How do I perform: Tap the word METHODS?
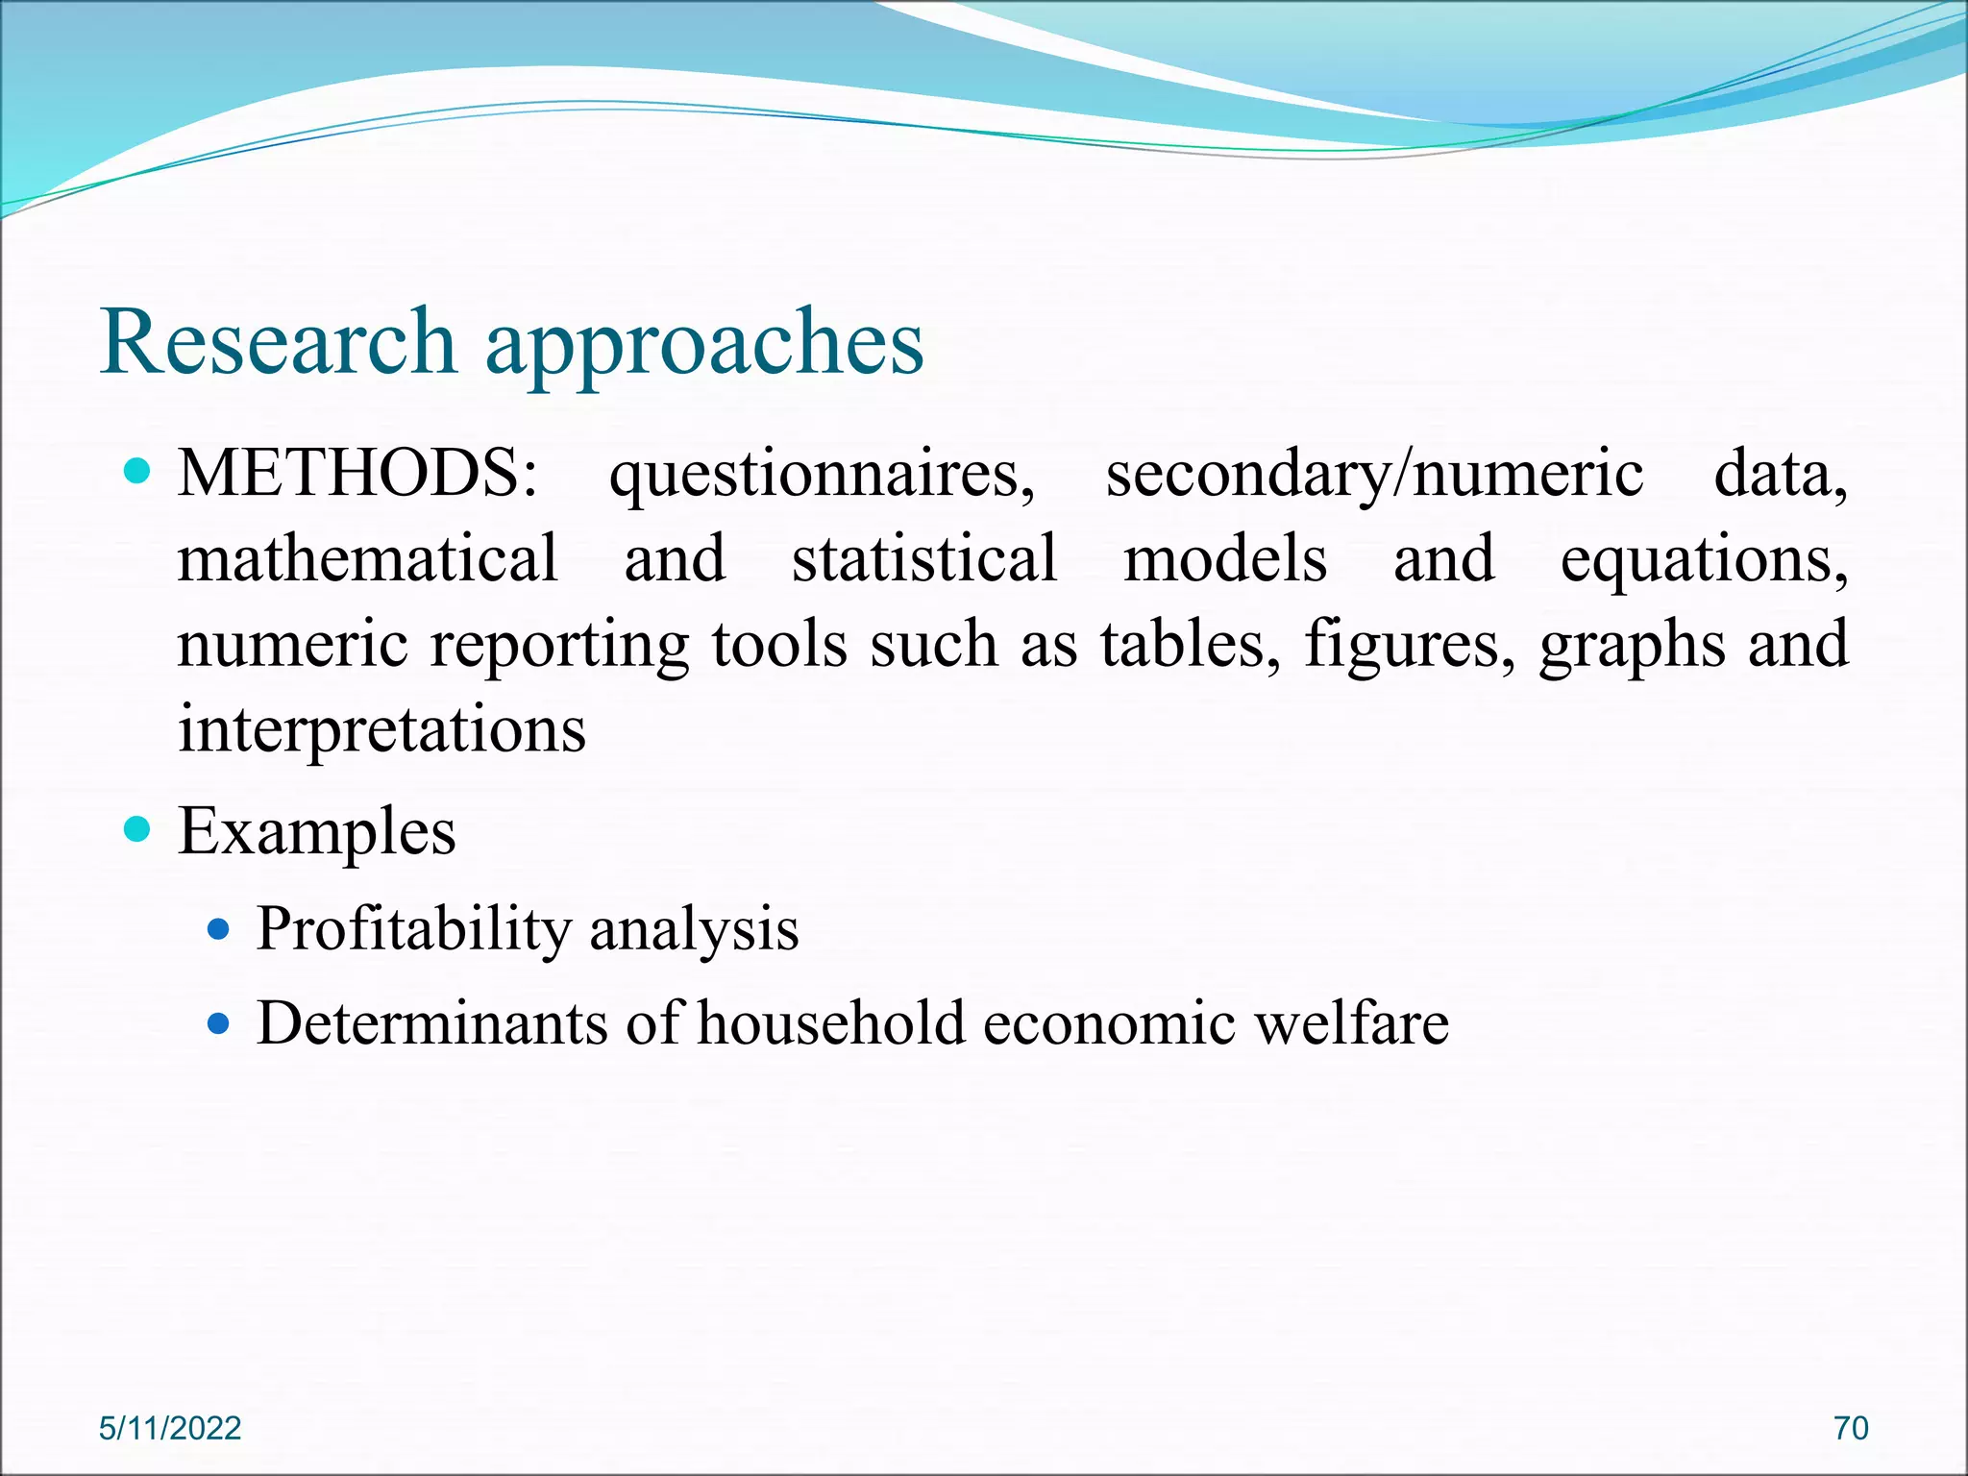pos(357,474)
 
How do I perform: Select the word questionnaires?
pos(822,476)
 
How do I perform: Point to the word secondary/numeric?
pos(1374,476)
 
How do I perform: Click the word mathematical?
pos(367,558)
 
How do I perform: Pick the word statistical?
pos(923,558)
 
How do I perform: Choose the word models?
pos(1225,558)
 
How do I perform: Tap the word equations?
pos(1703,560)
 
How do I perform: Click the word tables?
pos(1191,643)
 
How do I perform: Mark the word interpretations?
pos(381,728)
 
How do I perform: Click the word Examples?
pos(317,831)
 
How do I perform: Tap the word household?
pos(831,1021)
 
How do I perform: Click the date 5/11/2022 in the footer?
pos(170,1428)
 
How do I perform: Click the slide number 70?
pos(1851,1428)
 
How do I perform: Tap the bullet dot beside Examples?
pos(138,829)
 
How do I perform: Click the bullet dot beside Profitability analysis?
pos(219,929)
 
